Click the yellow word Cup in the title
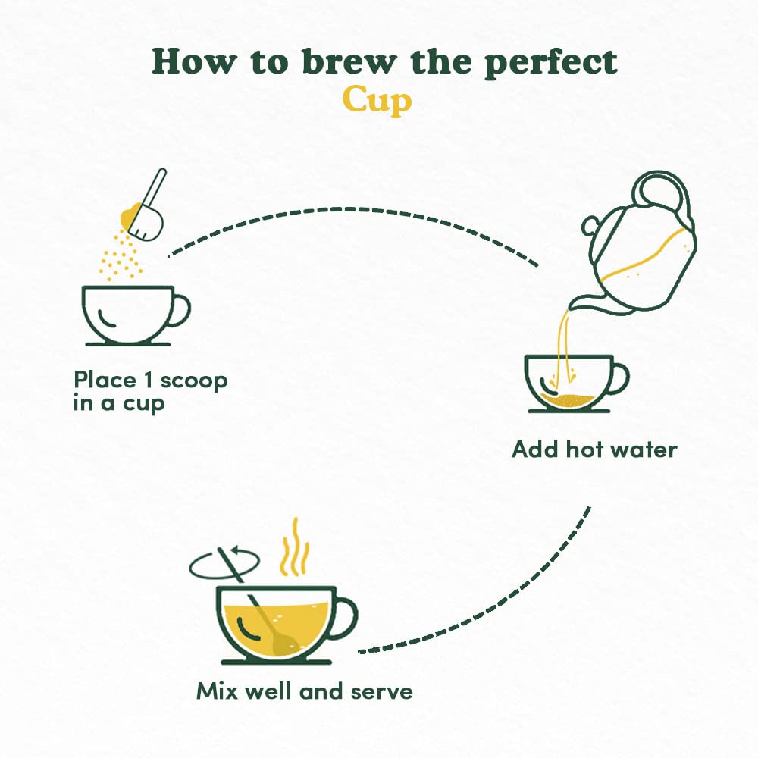(377, 101)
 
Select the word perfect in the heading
(551, 63)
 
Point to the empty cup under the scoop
(136, 315)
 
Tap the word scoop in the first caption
(194, 381)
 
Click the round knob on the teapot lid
(590, 226)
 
